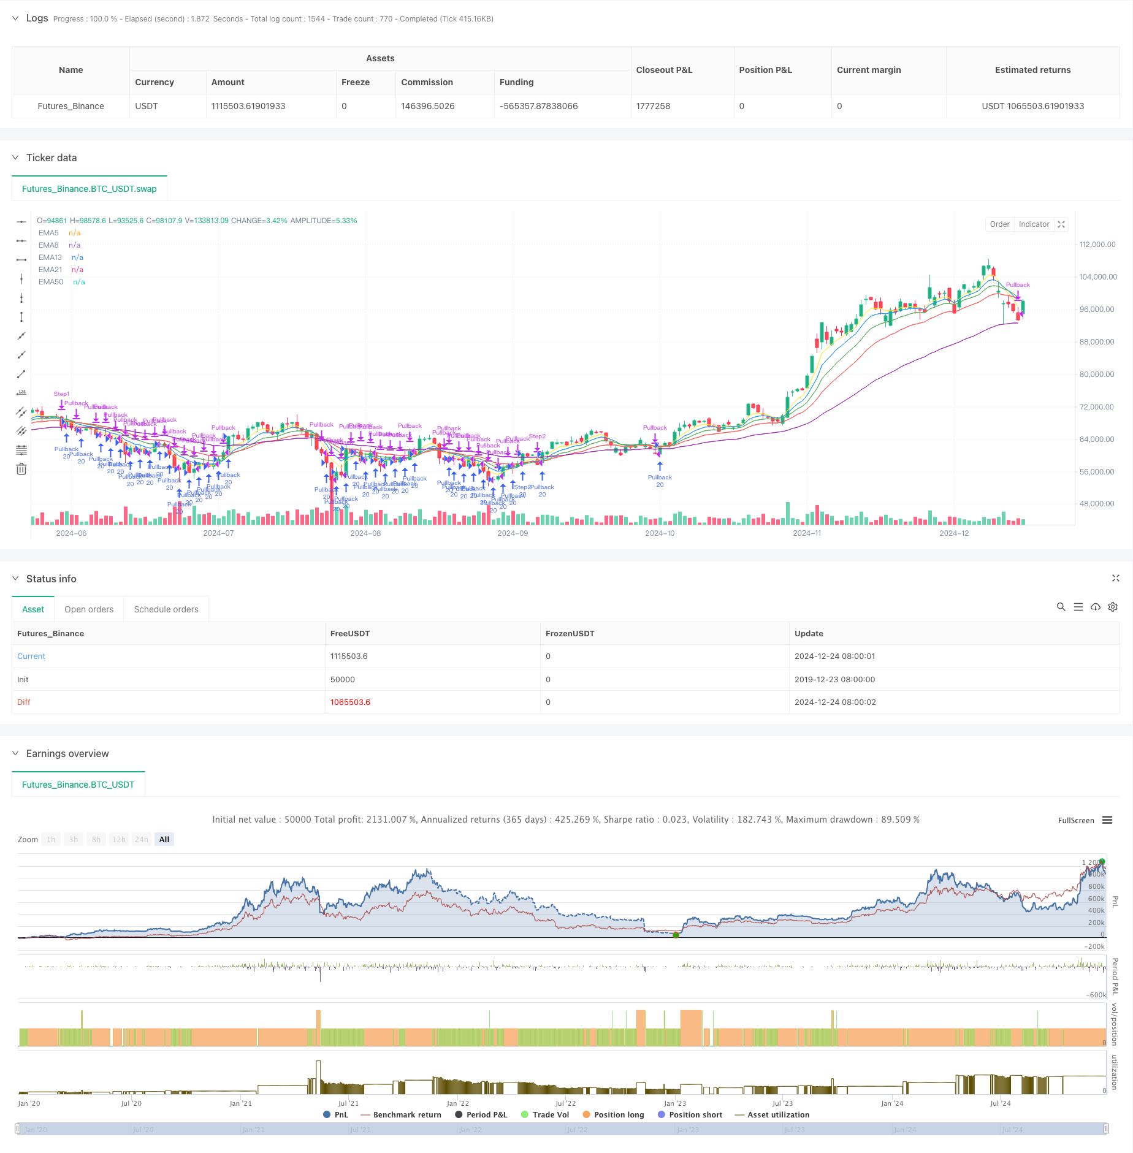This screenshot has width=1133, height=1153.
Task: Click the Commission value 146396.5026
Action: (427, 106)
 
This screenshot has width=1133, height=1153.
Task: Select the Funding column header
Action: (516, 82)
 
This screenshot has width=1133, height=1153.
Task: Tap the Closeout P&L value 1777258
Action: (653, 106)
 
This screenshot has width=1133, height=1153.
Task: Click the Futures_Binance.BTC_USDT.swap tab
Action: (90, 189)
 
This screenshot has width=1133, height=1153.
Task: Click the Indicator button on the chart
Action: (1034, 224)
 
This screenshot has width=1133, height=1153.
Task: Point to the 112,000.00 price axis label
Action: (1097, 245)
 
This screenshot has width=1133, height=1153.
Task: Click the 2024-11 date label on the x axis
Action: (807, 533)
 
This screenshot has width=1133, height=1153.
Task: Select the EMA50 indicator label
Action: (51, 282)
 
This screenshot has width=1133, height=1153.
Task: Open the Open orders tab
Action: (89, 609)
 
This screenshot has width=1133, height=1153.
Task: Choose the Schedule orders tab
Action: (166, 609)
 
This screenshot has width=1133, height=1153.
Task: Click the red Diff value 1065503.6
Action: (350, 702)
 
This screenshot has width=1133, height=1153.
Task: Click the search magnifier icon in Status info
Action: (1061, 607)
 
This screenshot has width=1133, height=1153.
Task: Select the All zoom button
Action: (164, 840)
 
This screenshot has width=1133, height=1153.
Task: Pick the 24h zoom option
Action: (142, 840)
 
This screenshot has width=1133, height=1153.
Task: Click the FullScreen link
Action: (1075, 821)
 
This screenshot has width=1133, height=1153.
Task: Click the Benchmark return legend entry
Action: (407, 1115)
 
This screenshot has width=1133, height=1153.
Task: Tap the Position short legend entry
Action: (695, 1115)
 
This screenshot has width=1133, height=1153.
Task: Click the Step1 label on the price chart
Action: (61, 394)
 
